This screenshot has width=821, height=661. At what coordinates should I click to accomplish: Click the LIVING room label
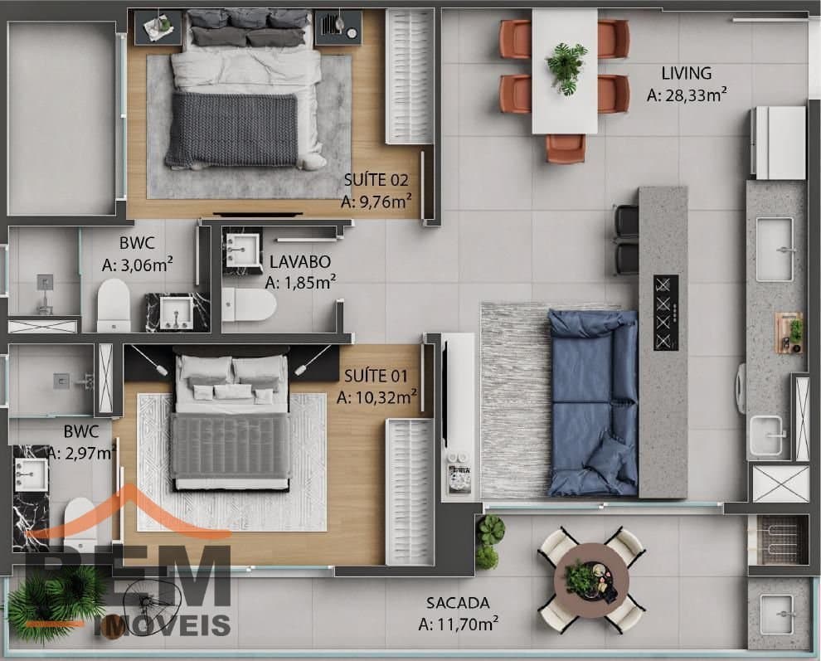[x=686, y=73]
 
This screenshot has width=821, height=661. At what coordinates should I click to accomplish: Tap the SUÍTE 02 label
[x=376, y=180]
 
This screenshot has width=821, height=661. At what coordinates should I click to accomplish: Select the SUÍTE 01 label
[x=376, y=376]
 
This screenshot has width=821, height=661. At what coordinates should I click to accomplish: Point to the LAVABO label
[x=300, y=261]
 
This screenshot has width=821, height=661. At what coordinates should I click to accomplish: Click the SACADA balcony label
[x=458, y=603]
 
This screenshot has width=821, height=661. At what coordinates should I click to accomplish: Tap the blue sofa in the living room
[x=593, y=403]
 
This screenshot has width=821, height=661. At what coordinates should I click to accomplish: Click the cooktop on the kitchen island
[x=666, y=313]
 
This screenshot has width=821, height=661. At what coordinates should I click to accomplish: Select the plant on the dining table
[x=566, y=67]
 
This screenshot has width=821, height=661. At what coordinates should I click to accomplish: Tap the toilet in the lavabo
[x=249, y=305]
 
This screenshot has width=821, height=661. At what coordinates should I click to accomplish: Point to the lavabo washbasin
[x=242, y=250]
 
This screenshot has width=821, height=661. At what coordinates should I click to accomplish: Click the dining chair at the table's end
[x=566, y=148]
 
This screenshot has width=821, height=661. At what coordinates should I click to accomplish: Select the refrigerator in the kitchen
[x=779, y=143]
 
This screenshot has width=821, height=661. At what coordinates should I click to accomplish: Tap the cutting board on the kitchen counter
[x=789, y=333]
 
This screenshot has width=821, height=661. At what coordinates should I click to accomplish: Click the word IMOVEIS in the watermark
[x=162, y=625]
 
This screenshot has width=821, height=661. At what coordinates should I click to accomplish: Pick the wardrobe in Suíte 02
[x=410, y=76]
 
